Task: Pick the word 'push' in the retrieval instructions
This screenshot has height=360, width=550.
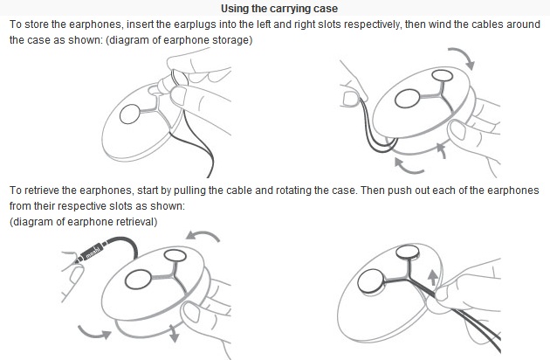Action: tap(400, 190)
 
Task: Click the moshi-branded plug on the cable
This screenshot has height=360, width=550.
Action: tap(90, 253)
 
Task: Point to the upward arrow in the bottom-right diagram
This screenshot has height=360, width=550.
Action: tap(433, 277)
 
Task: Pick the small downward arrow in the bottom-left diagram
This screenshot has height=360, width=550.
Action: tap(174, 333)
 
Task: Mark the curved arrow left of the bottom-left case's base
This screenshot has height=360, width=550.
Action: tap(93, 332)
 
